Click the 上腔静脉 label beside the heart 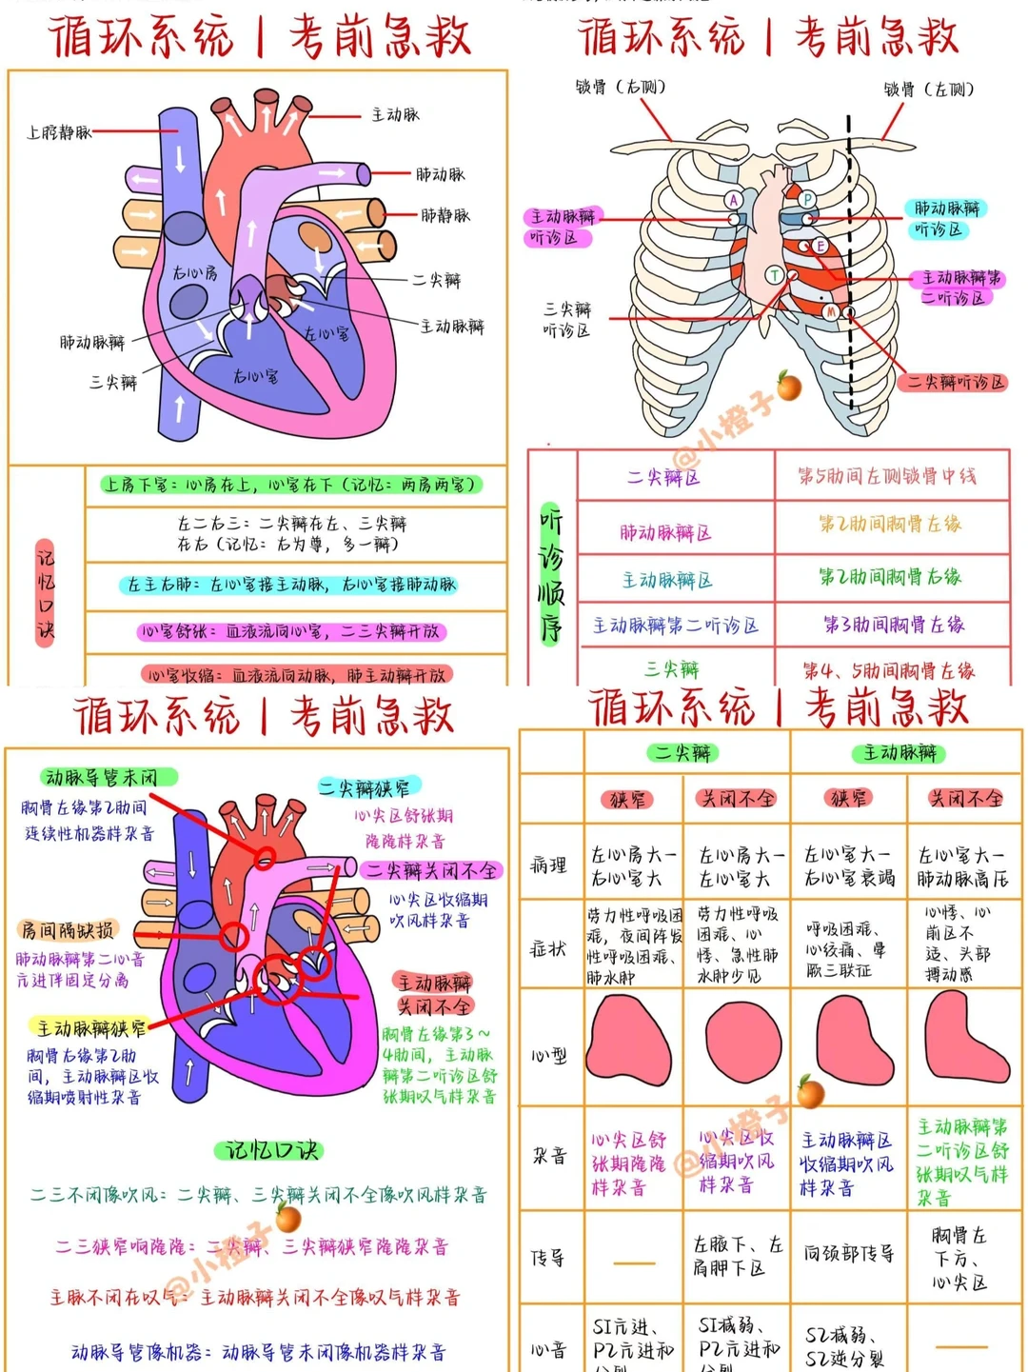[58, 132]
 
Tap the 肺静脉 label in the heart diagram [445, 216]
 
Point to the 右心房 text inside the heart [194, 273]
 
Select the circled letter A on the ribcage [734, 200]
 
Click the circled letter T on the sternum [775, 276]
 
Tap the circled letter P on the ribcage [807, 199]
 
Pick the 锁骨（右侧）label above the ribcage [620, 88]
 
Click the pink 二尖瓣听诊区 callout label [953, 383]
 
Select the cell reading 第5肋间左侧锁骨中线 [887, 476]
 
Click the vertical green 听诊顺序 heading [551, 574]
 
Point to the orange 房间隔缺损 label [68, 930]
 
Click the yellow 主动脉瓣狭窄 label [91, 1028]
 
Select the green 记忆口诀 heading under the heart [269, 1150]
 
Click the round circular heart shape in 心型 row [742, 1041]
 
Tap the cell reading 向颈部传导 [848, 1254]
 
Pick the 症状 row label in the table [548, 948]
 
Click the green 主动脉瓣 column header [899, 753]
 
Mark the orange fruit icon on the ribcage [789, 386]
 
